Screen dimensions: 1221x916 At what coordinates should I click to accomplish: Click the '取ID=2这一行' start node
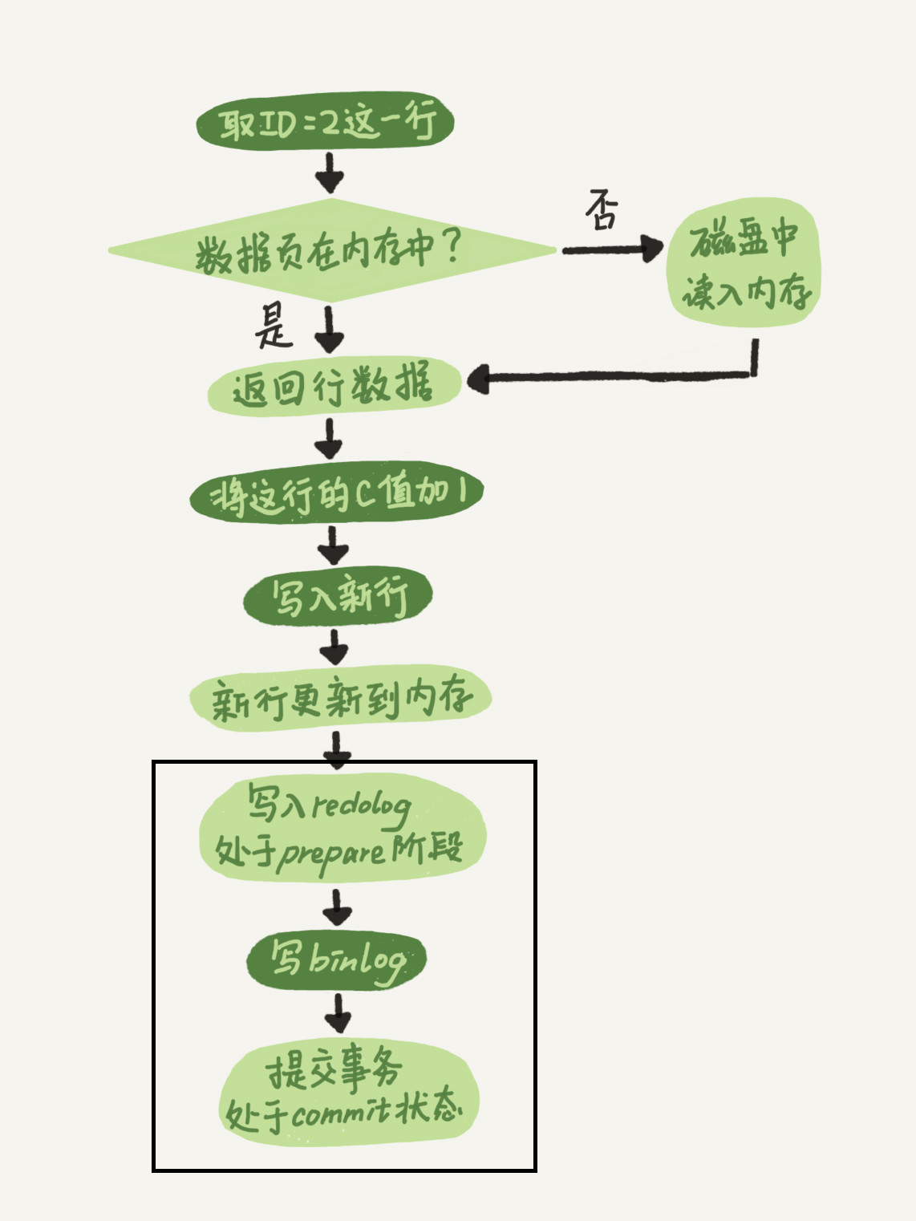(326, 123)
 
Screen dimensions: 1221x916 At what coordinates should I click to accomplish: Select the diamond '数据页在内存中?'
(331, 251)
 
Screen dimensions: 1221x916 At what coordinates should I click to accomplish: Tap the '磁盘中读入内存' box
(744, 263)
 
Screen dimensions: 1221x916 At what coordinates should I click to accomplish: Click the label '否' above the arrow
(602, 209)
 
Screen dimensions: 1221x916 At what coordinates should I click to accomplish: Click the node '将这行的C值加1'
(336, 492)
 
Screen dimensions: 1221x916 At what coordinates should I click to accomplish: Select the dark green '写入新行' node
(338, 596)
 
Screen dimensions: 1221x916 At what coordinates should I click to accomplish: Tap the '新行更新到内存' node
(340, 698)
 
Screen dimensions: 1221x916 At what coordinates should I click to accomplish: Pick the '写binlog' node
(336, 959)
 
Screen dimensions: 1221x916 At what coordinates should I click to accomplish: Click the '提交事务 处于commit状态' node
(348, 1091)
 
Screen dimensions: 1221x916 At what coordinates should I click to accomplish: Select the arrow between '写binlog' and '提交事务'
(338, 1012)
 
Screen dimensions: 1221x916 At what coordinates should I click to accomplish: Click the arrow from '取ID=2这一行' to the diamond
(329, 172)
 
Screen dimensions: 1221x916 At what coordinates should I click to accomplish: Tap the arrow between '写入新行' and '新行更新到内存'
(334, 646)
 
